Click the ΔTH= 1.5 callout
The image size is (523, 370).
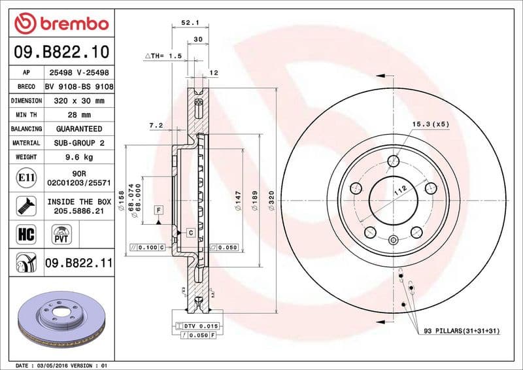(163, 57)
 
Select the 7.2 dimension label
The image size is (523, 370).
(156, 125)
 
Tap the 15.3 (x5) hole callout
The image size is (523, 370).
(430, 124)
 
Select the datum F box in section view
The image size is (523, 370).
(158, 209)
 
